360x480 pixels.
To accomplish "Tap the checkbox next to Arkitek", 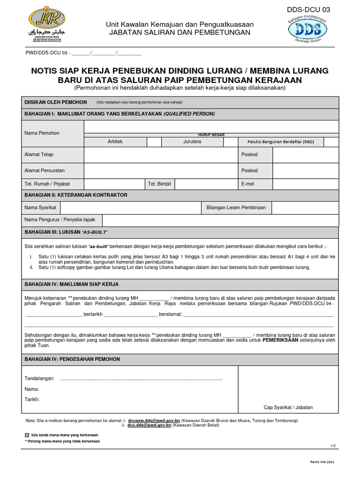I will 154,142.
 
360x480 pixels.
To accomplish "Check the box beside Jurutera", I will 231,142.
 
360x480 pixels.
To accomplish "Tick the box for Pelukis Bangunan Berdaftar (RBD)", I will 331,142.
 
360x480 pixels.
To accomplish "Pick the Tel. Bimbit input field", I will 207,184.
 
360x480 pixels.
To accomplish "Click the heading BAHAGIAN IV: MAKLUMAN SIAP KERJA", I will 71,284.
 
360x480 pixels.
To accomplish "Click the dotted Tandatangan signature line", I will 141,378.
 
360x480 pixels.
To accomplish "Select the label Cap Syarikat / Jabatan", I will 288,407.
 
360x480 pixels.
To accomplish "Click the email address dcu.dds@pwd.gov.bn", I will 150,425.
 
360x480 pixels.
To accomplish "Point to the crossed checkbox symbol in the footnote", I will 27,435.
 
